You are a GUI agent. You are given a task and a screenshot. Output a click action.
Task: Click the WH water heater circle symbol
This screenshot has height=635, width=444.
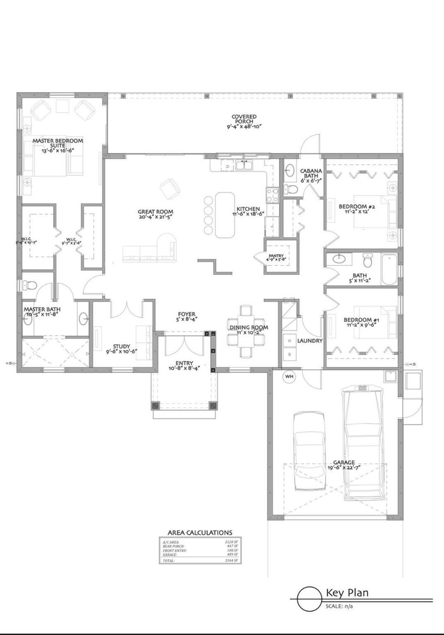tap(289, 377)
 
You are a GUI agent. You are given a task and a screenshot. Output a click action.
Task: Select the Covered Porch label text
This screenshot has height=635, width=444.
tap(244, 119)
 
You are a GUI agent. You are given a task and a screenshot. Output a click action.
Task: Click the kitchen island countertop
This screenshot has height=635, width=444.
tap(224, 215)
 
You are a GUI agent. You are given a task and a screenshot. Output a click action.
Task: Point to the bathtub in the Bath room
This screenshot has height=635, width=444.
tap(389, 270)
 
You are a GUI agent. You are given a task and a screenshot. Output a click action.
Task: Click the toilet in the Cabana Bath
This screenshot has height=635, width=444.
tap(292, 190)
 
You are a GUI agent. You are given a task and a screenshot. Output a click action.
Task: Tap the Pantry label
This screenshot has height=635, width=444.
tap(276, 256)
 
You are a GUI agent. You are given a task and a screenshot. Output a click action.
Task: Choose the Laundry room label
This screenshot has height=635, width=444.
tap(310, 341)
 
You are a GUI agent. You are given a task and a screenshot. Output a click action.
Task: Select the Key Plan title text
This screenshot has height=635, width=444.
tap(347, 592)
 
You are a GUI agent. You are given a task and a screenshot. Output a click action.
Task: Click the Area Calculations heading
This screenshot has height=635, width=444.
tap(200, 533)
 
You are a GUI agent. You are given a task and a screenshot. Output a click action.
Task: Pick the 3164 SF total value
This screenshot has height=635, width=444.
tap(231, 561)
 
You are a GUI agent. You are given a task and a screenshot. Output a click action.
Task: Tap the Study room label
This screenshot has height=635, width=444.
tap(122, 346)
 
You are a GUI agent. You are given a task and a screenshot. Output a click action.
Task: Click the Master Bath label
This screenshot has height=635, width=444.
tap(42, 309)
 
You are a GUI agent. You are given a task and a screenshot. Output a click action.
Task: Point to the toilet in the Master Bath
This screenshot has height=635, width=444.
tap(29, 285)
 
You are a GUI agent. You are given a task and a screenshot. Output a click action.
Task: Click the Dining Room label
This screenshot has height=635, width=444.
tap(249, 327)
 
